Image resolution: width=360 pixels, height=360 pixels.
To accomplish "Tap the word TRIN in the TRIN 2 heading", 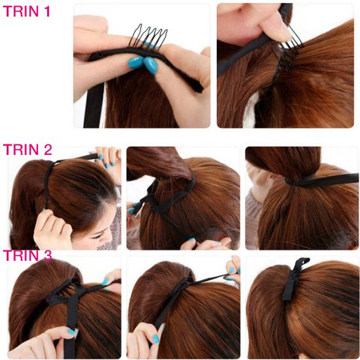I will (21, 149).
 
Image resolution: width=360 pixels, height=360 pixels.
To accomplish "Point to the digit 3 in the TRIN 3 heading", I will (47, 256).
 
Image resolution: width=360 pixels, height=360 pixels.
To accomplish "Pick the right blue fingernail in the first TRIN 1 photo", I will (151, 66).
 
